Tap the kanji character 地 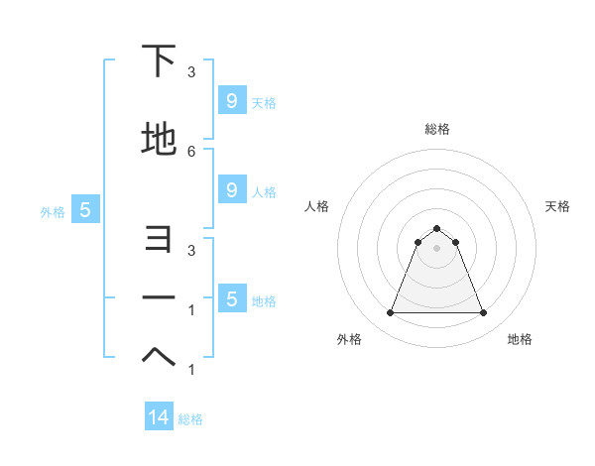159,140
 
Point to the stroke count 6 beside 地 191,151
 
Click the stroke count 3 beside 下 191,72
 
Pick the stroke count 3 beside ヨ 191,251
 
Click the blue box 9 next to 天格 231,100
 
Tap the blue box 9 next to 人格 231,190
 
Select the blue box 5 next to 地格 231,299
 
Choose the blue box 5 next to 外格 85,210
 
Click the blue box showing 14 159,417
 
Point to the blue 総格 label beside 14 190,419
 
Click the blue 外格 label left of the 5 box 53,211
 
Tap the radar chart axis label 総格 436,129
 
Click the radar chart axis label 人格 316,206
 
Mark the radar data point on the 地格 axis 483,313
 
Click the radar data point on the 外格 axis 390,313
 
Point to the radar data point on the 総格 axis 436,228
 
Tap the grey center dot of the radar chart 436,248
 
